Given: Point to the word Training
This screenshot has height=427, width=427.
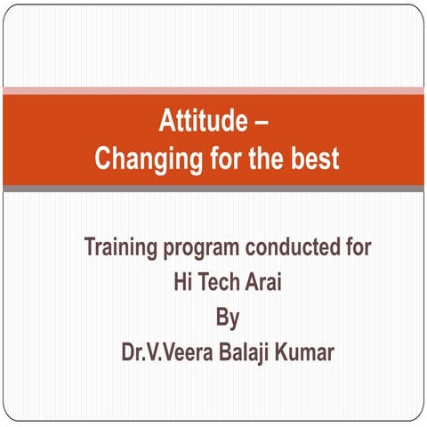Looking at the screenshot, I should [x=120, y=247].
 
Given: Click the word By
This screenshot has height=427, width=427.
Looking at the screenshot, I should [x=228, y=317].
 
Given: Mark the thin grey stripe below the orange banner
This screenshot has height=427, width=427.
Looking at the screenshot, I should [x=213, y=189].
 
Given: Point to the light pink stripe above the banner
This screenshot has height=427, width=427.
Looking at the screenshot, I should [x=213, y=90].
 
